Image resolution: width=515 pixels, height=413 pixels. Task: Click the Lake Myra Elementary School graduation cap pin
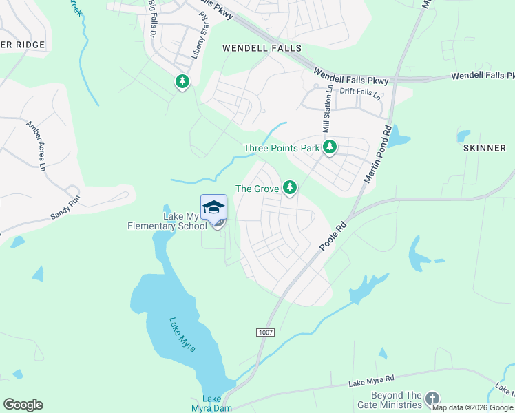(213, 208)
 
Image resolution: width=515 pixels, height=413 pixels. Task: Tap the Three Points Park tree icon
(330, 147)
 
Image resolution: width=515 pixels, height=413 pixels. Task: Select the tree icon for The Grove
(290, 187)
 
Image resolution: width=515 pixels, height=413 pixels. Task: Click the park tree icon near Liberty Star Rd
(182, 83)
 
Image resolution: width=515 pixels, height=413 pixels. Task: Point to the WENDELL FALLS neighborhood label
(262, 48)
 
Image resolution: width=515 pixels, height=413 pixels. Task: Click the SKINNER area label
(484, 148)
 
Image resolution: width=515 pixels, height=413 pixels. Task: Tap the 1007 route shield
(266, 332)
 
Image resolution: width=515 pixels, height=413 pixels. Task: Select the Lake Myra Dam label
(212, 403)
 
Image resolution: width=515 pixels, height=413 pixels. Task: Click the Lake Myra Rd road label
(371, 381)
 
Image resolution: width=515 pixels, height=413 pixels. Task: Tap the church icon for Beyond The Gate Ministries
(432, 399)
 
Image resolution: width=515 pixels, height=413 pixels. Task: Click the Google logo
(23, 405)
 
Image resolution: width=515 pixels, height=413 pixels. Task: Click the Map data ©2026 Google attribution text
(472, 408)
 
